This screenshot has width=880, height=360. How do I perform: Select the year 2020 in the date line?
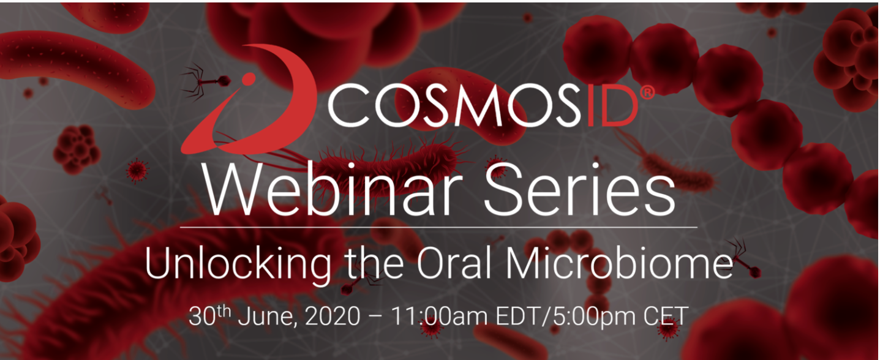333,315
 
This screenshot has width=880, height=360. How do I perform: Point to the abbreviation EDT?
514,315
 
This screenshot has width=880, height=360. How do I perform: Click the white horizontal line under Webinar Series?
439,227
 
